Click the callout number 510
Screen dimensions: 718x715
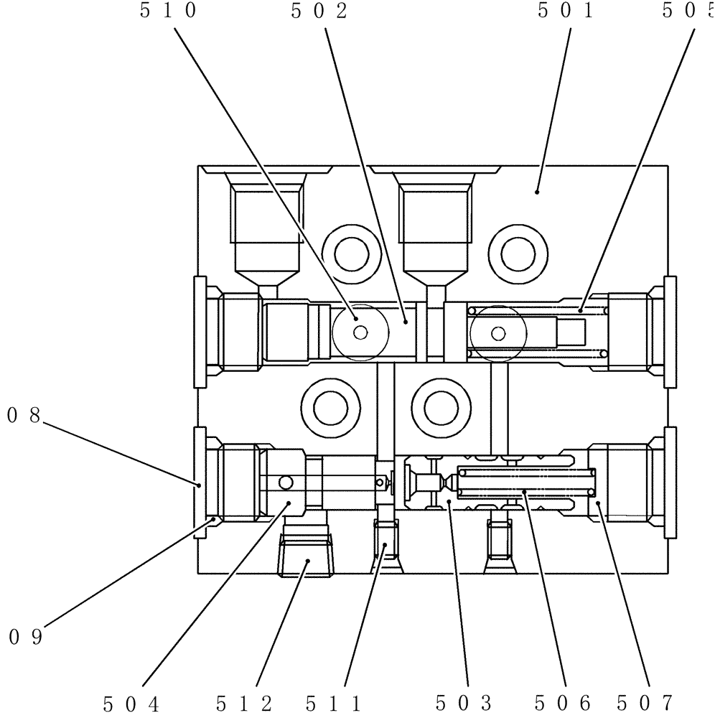tap(168, 12)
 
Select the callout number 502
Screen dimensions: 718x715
tap(319, 12)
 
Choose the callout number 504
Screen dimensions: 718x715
tap(132, 704)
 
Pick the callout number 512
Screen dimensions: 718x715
tap(244, 704)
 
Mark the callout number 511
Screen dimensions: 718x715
tap(333, 704)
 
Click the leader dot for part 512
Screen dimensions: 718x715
tap(308, 561)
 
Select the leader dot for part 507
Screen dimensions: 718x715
tap(599, 504)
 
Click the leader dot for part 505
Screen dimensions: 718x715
tap(580, 310)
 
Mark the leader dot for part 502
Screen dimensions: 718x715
tap(406, 322)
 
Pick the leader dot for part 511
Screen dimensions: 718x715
tap(385, 546)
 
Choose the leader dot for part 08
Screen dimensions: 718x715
tap(199, 485)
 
